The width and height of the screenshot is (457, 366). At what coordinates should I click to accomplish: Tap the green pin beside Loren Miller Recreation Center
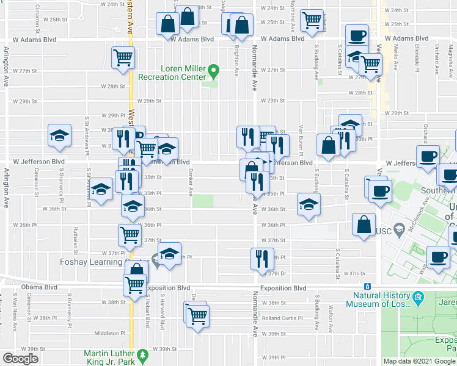(x=213, y=72)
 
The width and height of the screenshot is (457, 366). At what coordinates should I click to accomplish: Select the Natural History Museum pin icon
(x=419, y=299)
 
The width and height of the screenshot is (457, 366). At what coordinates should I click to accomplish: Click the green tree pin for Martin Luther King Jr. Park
(x=142, y=355)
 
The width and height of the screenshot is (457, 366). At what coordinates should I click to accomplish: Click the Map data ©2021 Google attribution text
(x=419, y=361)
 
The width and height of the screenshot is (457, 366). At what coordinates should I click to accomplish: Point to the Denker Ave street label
(x=191, y=182)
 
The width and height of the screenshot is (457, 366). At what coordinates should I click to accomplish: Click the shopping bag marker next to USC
(x=364, y=224)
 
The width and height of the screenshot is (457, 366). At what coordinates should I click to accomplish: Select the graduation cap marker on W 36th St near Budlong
(x=309, y=204)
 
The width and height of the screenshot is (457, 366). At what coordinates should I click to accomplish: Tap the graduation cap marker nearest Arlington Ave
(x=60, y=135)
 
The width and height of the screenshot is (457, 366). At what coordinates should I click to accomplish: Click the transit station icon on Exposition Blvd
(x=367, y=287)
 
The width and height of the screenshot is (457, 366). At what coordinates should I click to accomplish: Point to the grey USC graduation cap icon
(x=400, y=229)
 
